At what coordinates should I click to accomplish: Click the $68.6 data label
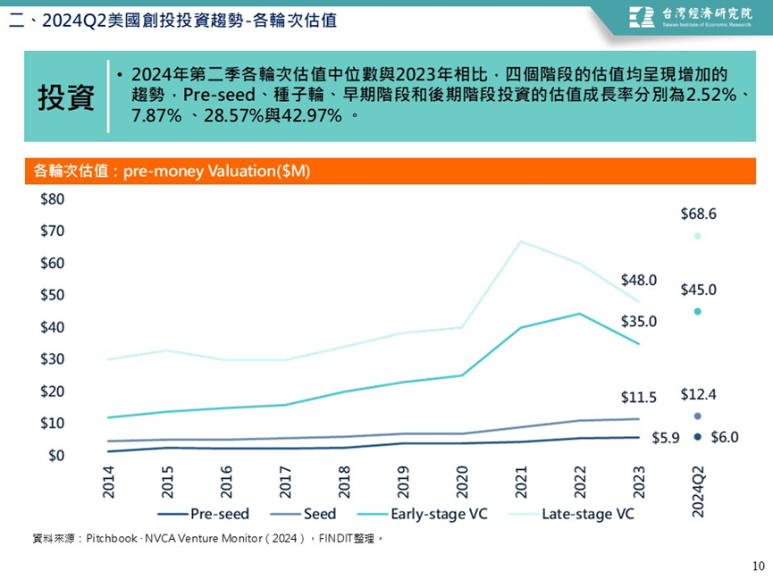point(698,214)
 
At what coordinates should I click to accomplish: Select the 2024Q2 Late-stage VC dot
point(697,236)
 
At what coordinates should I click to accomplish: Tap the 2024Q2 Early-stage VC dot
point(697,311)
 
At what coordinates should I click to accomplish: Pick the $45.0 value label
point(698,290)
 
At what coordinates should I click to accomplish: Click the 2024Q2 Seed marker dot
point(697,416)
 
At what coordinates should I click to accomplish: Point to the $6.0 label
point(724,437)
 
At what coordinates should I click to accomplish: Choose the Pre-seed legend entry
point(203,514)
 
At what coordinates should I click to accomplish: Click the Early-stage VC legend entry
point(422,514)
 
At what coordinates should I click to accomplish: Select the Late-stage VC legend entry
point(571,514)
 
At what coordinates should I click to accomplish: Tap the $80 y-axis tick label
point(52,199)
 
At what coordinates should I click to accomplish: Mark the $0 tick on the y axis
point(56,455)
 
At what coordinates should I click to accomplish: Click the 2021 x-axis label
point(521,483)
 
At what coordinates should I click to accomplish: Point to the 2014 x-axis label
point(108,483)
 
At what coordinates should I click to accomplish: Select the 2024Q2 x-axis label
point(698,492)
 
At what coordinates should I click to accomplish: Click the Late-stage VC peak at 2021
point(521,241)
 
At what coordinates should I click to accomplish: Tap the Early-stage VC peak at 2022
point(579,314)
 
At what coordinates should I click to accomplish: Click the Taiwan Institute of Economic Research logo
point(690,17)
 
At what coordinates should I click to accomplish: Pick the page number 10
point(758,567)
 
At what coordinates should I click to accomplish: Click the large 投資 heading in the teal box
point(66,97)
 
